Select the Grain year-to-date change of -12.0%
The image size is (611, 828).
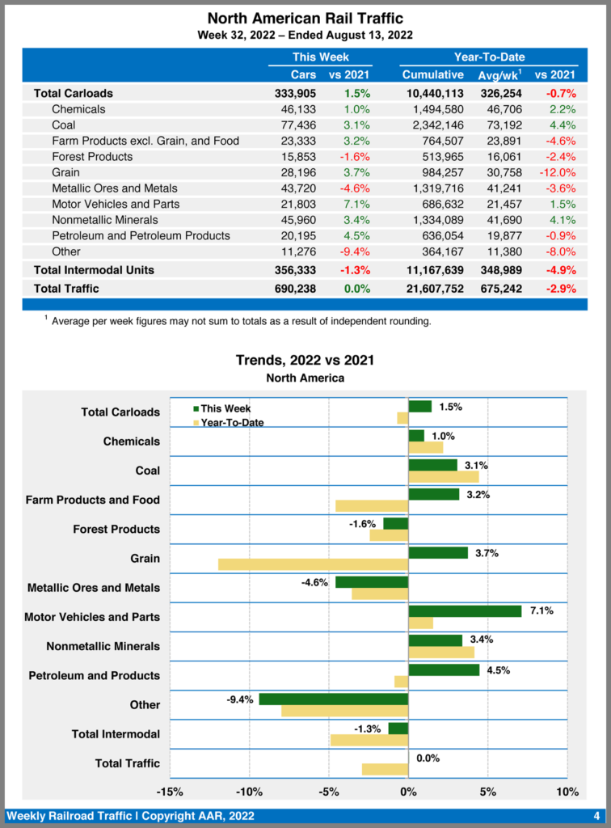coord(555,172)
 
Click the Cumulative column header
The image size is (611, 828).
coord(433,74)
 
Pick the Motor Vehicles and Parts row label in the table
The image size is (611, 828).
coord(116,204)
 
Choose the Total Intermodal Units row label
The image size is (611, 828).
coord(94,269)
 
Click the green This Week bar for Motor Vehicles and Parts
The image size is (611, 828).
coord(465,611)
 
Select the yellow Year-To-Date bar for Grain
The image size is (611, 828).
coord(313,564)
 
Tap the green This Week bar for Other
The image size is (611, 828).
coord(333,699)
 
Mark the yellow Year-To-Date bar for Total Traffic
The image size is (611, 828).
coord(385,769)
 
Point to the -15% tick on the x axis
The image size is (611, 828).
coord(169,792)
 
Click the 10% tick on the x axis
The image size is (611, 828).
coord(567,792)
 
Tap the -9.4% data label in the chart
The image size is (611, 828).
coord(240,699)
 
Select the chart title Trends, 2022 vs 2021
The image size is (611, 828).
coord(305,360)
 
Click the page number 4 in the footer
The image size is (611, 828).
coord(596,815)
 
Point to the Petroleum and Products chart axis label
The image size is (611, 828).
coord(95,675)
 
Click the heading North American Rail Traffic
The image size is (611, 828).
coord(305,18)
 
